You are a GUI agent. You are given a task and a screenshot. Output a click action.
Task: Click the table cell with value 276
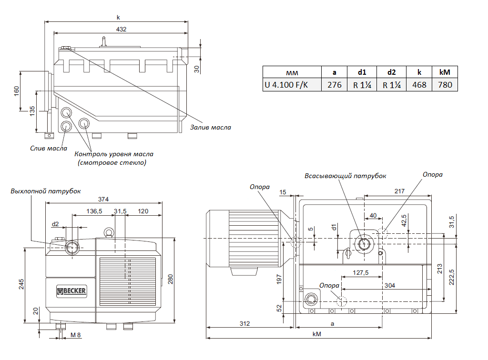[334, 85]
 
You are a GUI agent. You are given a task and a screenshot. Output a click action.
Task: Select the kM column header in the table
[445, 72]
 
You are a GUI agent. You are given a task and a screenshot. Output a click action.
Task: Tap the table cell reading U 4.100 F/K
[286, 85]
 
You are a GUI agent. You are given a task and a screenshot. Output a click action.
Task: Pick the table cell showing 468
[419, 85]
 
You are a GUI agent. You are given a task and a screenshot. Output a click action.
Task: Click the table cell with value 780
[445, 85]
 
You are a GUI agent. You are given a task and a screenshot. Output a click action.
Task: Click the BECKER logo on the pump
[71, 291]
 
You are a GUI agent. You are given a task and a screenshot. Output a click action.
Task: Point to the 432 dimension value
[121, 29]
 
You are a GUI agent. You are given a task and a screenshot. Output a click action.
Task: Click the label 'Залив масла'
[210, 128]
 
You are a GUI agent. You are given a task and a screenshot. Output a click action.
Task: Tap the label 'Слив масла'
[48, 148]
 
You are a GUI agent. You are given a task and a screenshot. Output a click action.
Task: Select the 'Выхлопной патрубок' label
[46, 191]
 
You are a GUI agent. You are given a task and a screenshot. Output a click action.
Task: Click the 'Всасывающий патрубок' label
[346, 176]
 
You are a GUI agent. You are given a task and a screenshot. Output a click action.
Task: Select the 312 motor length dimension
[244, 323]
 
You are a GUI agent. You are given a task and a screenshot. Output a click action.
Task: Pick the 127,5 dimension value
[361, 273]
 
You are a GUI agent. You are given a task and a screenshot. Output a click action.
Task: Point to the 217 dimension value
[399, 191]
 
